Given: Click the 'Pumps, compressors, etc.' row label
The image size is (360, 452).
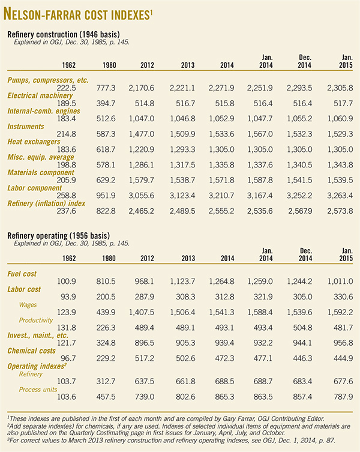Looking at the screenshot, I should coord(47,80).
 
